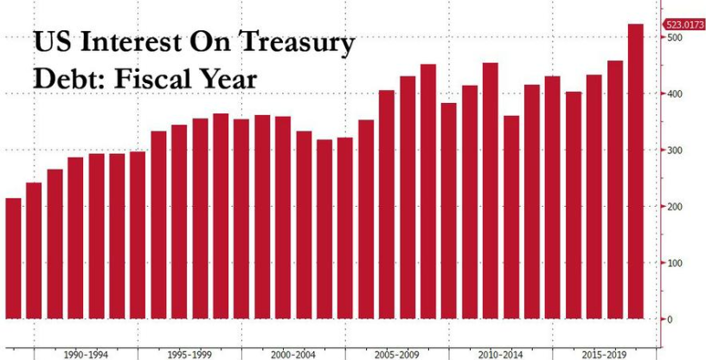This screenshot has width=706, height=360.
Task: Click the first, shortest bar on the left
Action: [x=13, y=260]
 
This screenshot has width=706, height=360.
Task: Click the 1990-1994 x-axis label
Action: [x=80, y=354]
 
